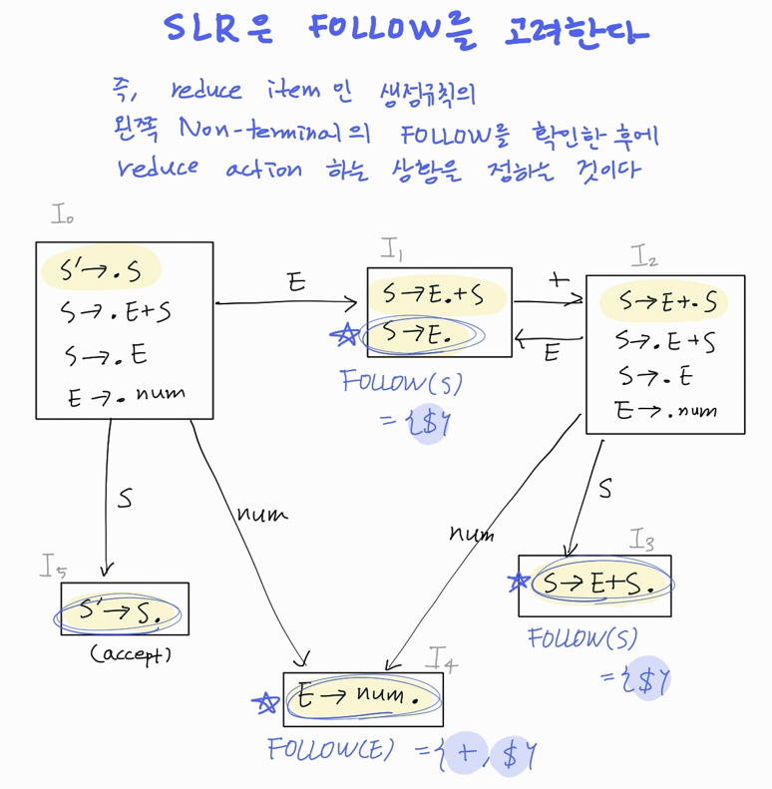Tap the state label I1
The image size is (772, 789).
(x=391, y=250)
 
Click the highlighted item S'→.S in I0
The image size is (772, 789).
(x=101, y=270)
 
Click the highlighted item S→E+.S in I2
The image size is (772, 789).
(x=658, y=301)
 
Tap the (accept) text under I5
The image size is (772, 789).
(x=130, y=655)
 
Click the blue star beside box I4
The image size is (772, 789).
(x=264, y=704)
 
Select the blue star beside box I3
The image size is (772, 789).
(x=517, y=583)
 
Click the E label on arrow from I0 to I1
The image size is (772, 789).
(x=296, y=283)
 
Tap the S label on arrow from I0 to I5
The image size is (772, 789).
(x=124, y=498)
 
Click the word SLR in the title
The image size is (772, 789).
(x=208, y=31)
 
